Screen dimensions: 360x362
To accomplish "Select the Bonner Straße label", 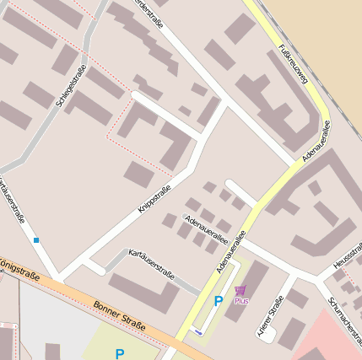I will (120, 316).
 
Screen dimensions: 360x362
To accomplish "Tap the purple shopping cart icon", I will (240, 291).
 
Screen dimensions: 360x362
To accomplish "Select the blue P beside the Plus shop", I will (219, 301).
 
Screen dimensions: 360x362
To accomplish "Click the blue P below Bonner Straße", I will (120, 354).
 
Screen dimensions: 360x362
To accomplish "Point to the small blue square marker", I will (36, 240).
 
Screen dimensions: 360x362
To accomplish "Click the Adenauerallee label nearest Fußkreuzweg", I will (315, 141).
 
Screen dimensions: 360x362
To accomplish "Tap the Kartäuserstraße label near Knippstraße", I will (151, 263).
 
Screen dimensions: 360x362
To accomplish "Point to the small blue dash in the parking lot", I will (198, 332).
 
